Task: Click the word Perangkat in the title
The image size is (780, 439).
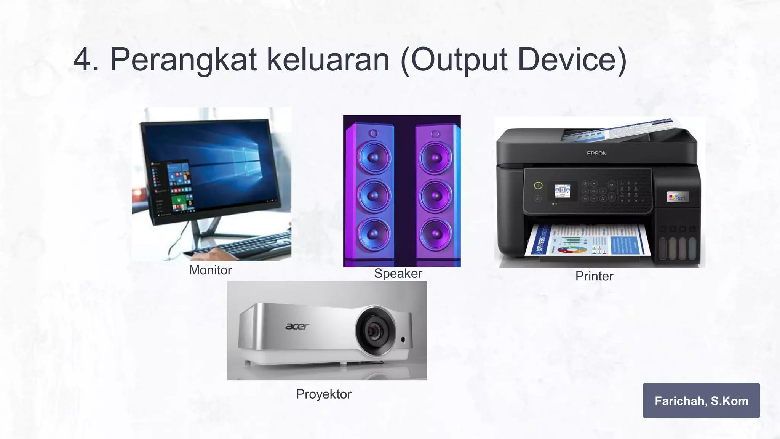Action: pyautogui.click(x=183, y=60)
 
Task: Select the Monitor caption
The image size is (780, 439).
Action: pyautogui.click(x=210, y=270)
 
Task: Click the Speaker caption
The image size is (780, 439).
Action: pyautogui.click(x=398, y=273)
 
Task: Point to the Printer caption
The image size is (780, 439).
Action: pyautogui.click(x=594, y=276)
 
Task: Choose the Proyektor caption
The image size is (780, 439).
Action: pyautogui.click(x=323, y=394)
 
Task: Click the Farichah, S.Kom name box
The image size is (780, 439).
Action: pyautogui.click(x=701, y=401)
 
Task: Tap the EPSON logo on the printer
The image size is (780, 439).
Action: pyautogui.click(x=596, y=154)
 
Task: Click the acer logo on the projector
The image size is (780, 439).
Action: pyautogui.click(x=297, y=326)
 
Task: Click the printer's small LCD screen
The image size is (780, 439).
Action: pyautogui.click(x=563, y=191)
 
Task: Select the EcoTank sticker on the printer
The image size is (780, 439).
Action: pyautogui.click(x=678, y=197)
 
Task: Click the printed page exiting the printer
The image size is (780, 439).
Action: pyautogui.click(x=587, y=240)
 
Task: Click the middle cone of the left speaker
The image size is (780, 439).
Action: pyautogui.click(x=373, y=195)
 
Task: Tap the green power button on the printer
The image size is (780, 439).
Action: pyautogui.click(x=538, y=186)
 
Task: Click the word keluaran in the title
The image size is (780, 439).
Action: pyautogui.click(x=328, y=60)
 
